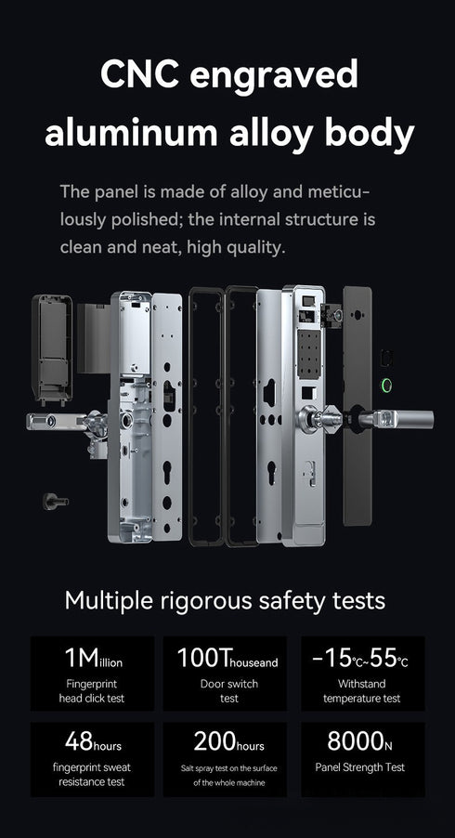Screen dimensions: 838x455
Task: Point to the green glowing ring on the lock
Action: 385,387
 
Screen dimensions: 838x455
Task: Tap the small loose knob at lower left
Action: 50,501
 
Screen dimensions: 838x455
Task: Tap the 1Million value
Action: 93,659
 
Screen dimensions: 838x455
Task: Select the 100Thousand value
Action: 227,659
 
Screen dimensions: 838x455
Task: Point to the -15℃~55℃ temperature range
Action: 360,659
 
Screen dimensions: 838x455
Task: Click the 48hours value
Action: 93,742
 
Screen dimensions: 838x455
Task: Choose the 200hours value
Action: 227,742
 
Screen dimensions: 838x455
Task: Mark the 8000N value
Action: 360,742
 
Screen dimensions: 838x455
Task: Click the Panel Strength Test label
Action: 360,767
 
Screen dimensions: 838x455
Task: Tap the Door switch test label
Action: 227,690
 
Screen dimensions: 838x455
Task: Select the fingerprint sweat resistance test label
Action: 93,775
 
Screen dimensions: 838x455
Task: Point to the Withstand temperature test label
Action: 360,690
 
